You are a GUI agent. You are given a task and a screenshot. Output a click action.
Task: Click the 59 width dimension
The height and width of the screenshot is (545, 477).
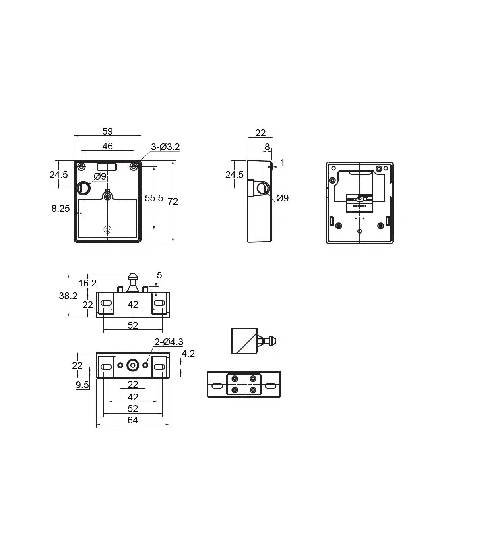pyautogui.click(x=107, y=131)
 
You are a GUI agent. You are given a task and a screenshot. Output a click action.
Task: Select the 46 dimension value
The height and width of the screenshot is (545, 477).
pyautogui.click(x=107, y=146)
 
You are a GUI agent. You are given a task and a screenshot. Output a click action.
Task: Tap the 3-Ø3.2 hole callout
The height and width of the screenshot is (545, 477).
pyautogui.click(x=165, y=147)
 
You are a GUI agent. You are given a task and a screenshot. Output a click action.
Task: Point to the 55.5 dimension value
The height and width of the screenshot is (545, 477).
pyautogui.click(x=154, y=198)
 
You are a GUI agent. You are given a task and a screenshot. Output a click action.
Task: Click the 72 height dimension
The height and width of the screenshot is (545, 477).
pyautogui.click(x=173, y=201)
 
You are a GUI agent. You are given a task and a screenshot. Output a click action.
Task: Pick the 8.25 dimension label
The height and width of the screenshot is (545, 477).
pyautogui.click(x=60, y=209)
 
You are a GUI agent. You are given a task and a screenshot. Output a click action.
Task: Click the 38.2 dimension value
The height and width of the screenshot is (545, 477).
pyautogui.click(x=68, y=296)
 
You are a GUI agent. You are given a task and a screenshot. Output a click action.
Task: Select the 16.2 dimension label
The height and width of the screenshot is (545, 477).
pyautogui.click(x=87, y=283)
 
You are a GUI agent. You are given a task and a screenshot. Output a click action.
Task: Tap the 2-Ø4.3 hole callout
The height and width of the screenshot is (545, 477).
pyautogui.click(x=169, y=342)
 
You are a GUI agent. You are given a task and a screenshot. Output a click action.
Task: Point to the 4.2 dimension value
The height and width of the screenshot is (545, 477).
pyautogui.click(x=188, y=354)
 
